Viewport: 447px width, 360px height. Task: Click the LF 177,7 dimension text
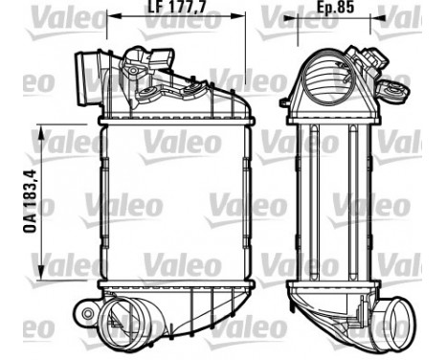178,14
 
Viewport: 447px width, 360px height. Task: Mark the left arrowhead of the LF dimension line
108,15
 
